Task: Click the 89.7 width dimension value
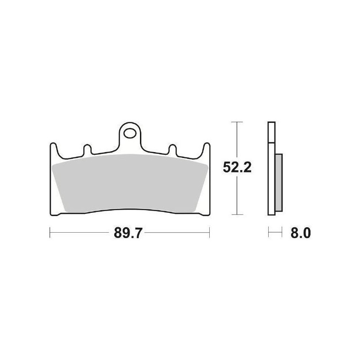point(128,233)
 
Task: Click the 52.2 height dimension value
point(237,167)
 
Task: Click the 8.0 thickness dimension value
point(301,233)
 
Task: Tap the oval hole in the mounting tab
point(130,133)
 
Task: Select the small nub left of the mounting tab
point(87,149)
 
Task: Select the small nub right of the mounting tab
point(173,149)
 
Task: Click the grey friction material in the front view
point(130,183)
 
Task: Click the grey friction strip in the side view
point(279,183)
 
